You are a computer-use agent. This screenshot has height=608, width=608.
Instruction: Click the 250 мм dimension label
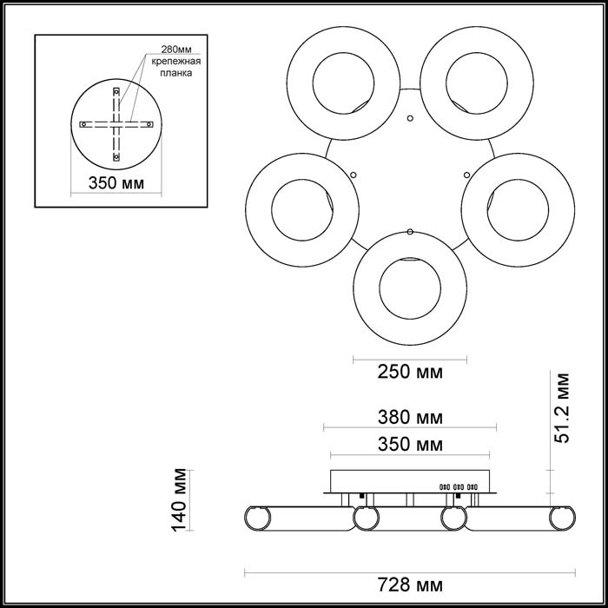(x=409, y=373)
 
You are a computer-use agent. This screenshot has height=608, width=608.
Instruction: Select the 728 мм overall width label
(x=410, y=583)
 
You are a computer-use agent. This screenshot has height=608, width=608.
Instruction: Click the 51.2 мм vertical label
(x=564, y=408)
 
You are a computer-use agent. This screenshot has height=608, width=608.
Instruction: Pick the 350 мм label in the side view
(x=409, y=445)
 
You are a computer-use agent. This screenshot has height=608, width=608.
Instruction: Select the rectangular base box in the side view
(x=410, y=481)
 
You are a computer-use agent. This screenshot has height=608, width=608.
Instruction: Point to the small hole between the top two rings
(x=410, y=117)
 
